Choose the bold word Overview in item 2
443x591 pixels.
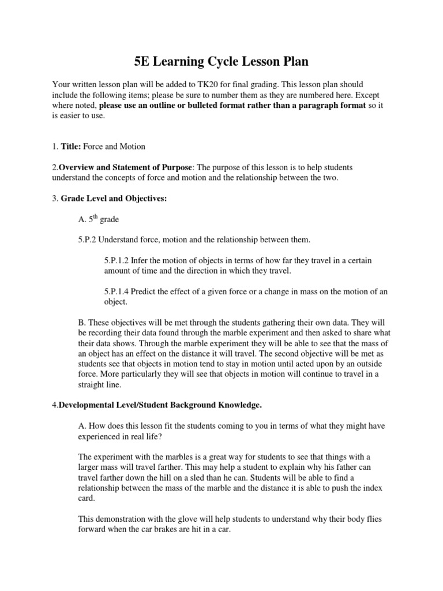point(81,167)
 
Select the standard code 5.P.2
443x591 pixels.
point(90,240)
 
